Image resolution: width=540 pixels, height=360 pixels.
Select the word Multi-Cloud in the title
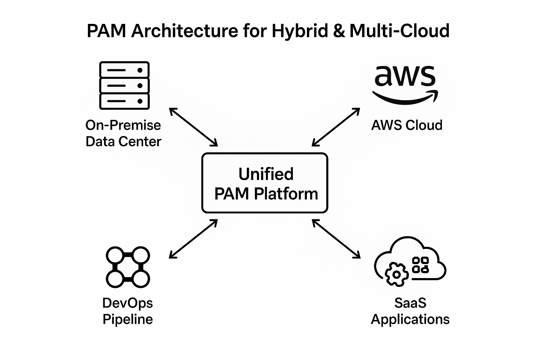[399, 31]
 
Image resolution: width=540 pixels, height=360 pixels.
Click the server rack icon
[124, 85]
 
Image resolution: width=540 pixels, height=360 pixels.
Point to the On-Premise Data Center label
[123, 133]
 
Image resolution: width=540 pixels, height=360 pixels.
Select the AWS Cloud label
[407, 125]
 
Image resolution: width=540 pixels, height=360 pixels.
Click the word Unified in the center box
[266, 174]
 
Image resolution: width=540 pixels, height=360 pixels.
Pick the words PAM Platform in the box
[266, 194]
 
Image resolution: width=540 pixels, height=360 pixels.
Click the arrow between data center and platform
[193, 127]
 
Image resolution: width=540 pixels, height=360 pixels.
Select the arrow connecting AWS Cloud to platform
[336, 127]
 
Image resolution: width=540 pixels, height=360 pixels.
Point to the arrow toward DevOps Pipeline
[193, 239]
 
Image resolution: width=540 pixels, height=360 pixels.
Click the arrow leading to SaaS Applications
[336, 239]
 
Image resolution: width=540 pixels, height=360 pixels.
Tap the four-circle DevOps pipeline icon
[128, 267]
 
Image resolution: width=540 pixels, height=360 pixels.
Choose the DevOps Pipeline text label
[128, 311]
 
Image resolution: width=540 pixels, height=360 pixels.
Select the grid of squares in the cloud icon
[420, 265]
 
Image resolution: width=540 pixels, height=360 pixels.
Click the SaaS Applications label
[410, 311]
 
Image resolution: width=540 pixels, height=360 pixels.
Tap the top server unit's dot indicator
[140, 70]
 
